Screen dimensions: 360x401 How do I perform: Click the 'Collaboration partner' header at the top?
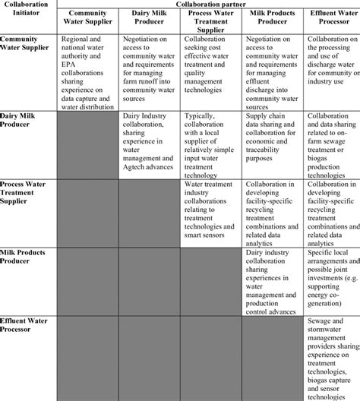tap(208, 4)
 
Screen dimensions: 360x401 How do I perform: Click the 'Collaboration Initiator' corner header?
tap(29, 8)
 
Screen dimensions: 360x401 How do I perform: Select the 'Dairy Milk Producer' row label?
tap(25, 120)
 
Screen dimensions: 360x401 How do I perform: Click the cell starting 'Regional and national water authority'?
tap(88, 71)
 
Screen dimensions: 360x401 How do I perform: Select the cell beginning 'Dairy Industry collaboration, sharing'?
tap(148, 141)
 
